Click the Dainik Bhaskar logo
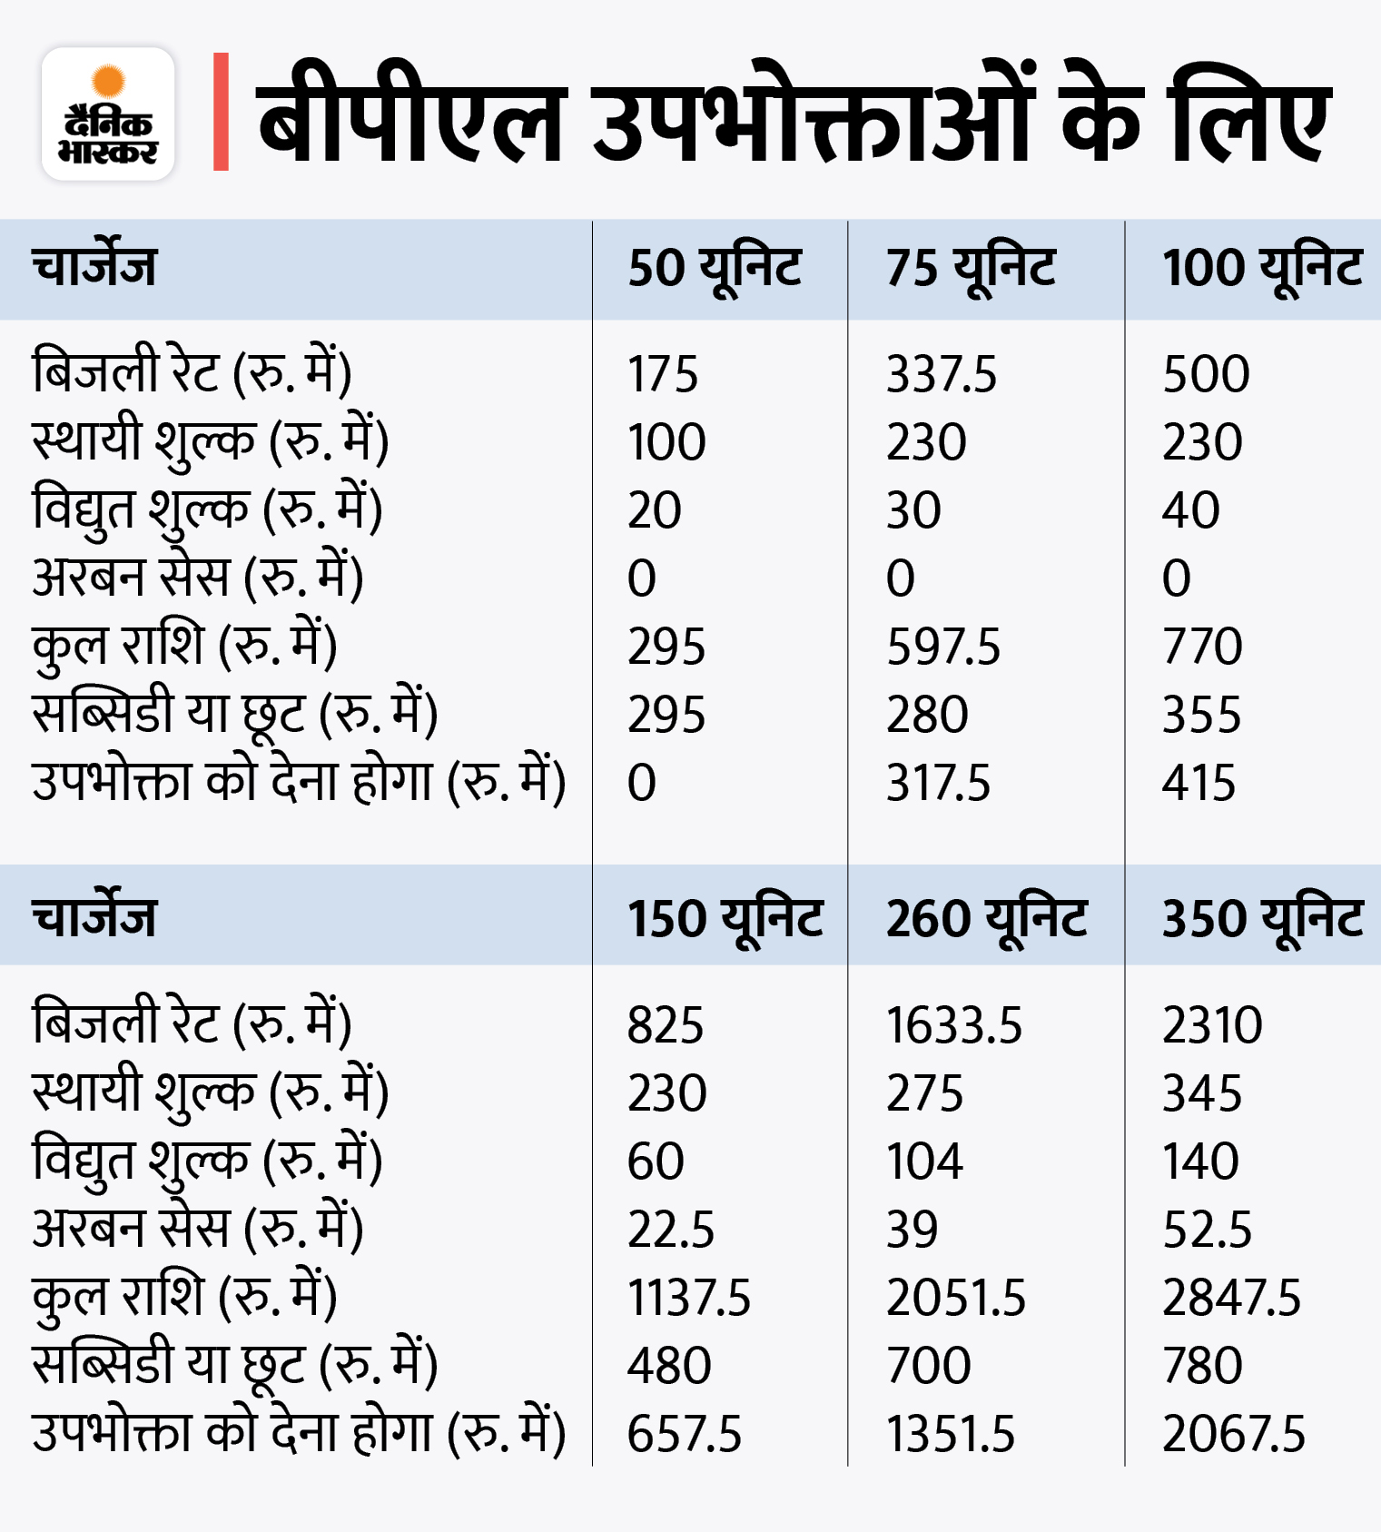pyautogui.click(x=108, y=114)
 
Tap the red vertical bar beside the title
pyautogui.click(x=221, y=112)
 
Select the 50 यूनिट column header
pyautogui.click(x=715, y=269)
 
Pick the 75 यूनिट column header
pyautogui.click(x=971, y=269)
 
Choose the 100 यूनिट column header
pyautogui.click(x=1262, y=269)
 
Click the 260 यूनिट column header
pyautogui.click(x=987, y=918)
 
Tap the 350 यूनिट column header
pyautogui.click(x=1263, y=918)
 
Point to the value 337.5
pyautogui.click(x=942, y=374)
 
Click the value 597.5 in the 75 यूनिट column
pyautogui.click(x=943, y=647)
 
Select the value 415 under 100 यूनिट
pyautogui.click(x=1199, y=783)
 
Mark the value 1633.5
pyautogui.click(x=954, y=1025)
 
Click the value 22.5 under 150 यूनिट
pyautogui.click(x=671, y=1230)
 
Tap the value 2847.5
pyautogui.click(x=1232, y=1298)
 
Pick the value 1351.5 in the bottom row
pyautogui.click(x=951, y=1435)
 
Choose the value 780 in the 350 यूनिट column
pyautogui.click(x=1202, y=1366)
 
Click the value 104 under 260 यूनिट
pyautogui.click(x=924, y=1161)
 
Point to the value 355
pyautogui.click(x=1201, y=715)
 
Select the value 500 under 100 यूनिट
pyautogui.click(x=1206, y=374)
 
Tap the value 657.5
pyautogui.click(x=685, y=1435)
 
